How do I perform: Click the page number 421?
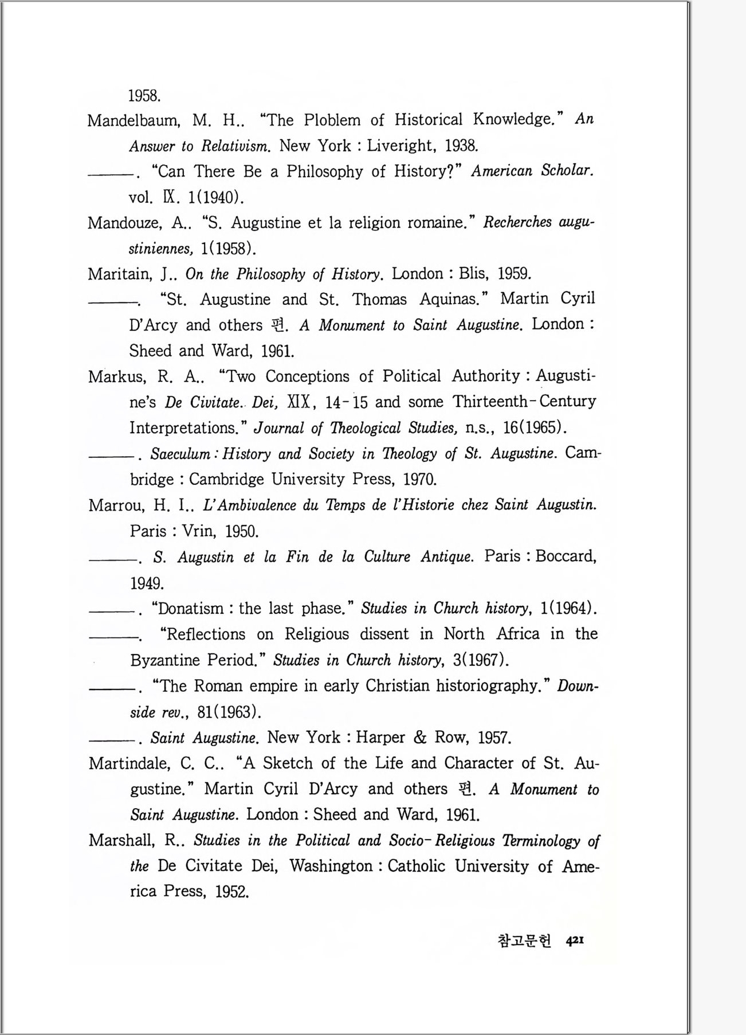click(575, 940)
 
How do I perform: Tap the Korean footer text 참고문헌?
click(524, 940)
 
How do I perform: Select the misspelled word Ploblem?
click(332, 120)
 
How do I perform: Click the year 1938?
click(461, 146)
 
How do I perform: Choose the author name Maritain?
click(120, 274)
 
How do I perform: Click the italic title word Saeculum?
click(180, 454)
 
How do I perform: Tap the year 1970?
click(420, 479)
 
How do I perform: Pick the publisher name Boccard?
click(566, 556)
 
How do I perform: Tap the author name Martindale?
click(129, 763)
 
